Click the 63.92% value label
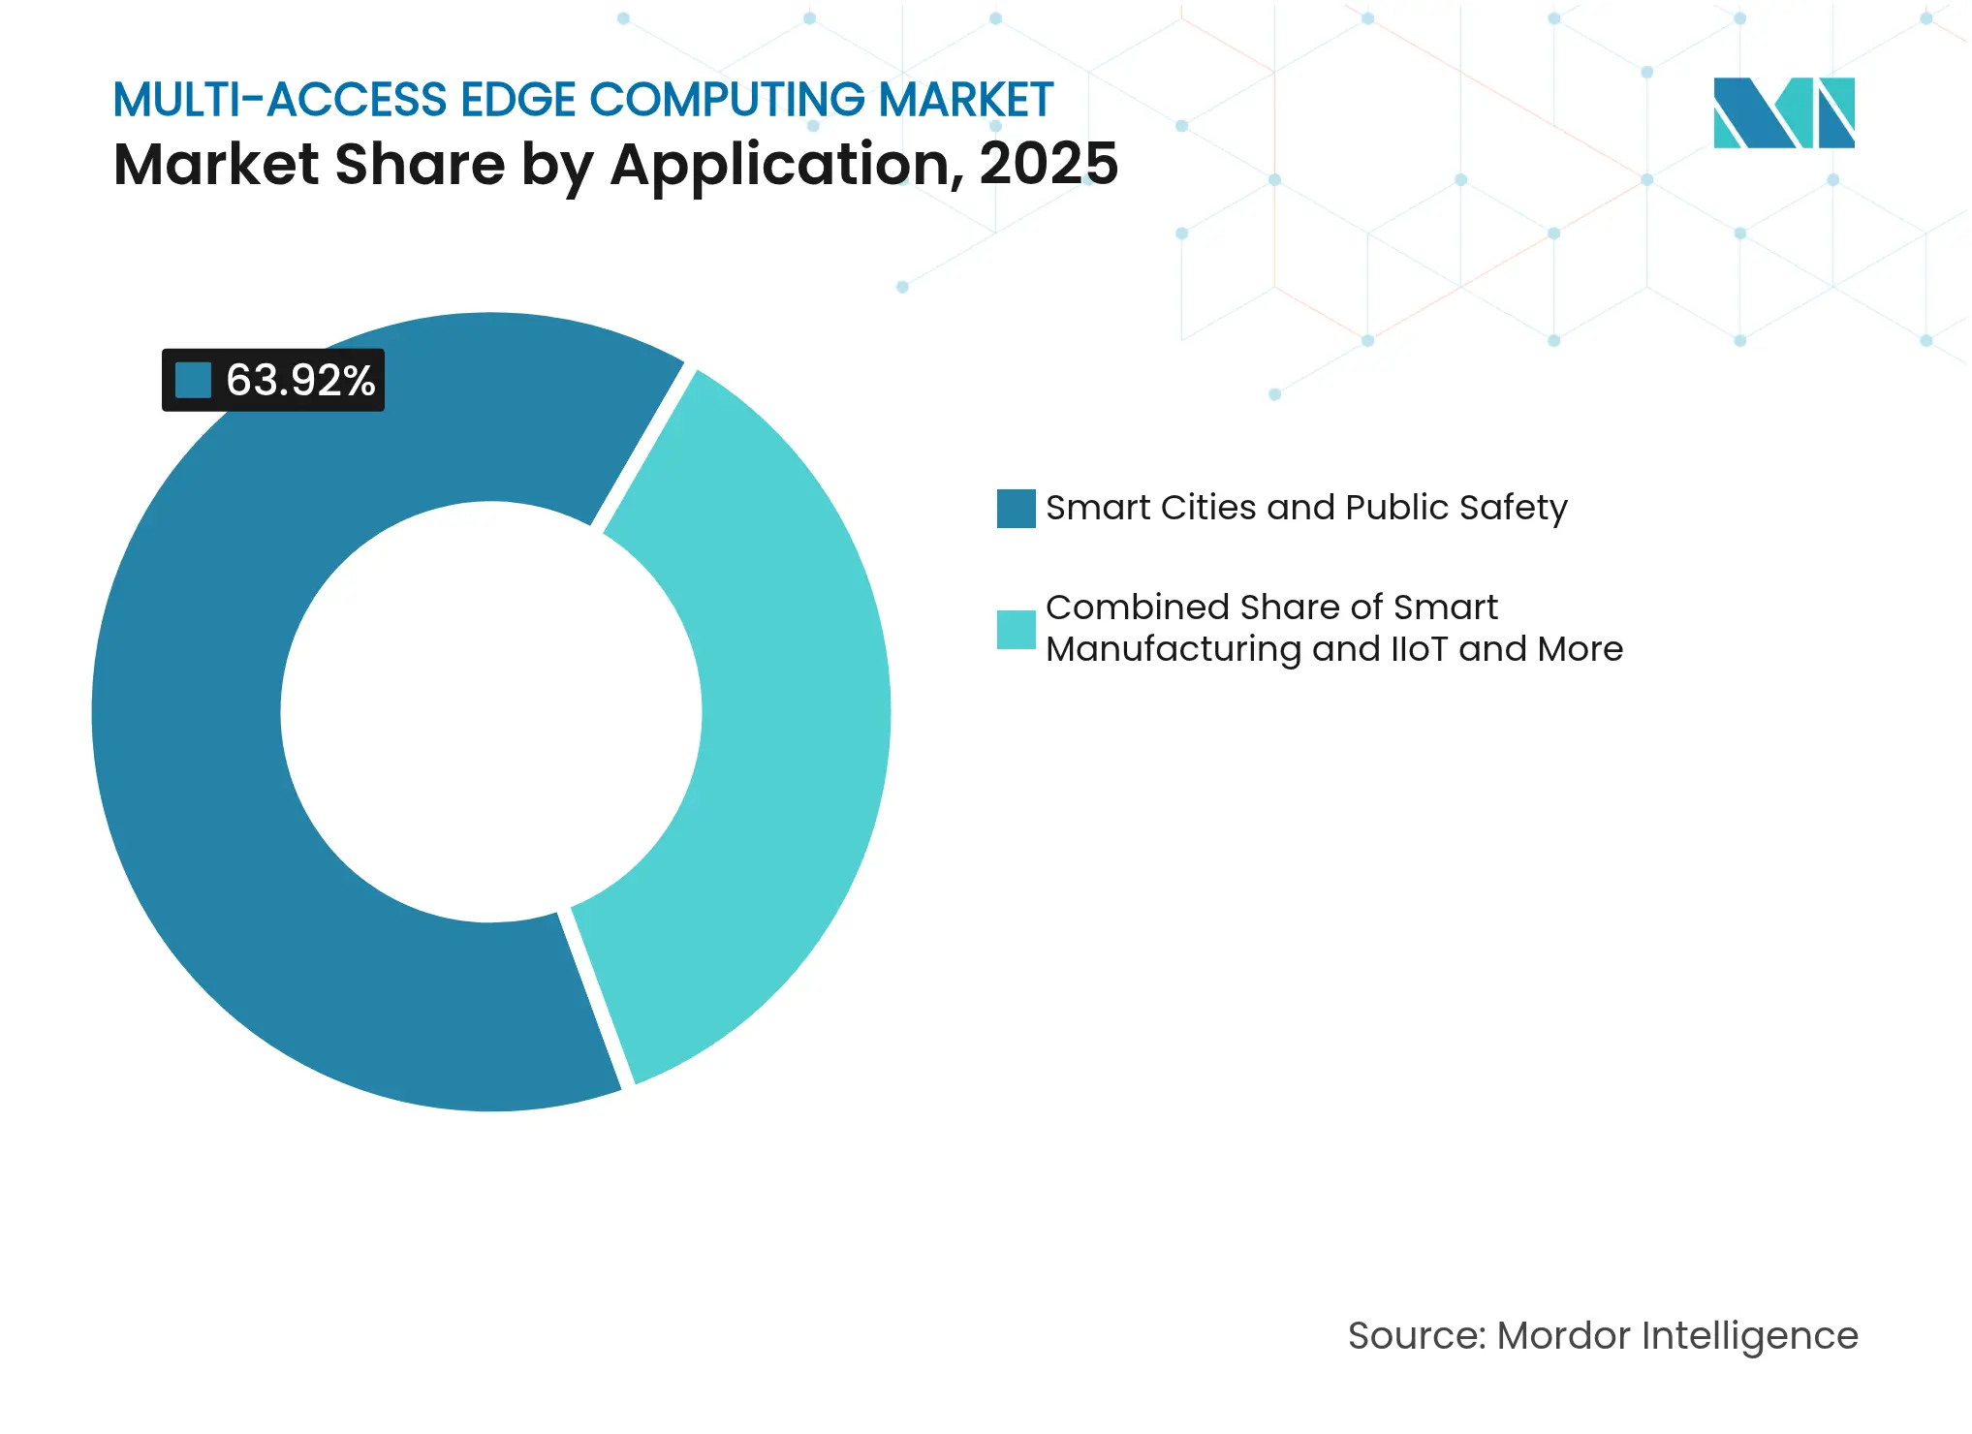[299, 380]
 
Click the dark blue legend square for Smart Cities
[1016, 509]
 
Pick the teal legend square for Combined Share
[1016, 629]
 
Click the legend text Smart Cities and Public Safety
[1305, 508]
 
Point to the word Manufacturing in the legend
[1173, 649]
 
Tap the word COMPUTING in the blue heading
[727, 100]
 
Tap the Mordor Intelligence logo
[1783, 112]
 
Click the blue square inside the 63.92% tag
[193, 380]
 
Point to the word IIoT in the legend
[1419, 649]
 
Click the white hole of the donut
[491, 712]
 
